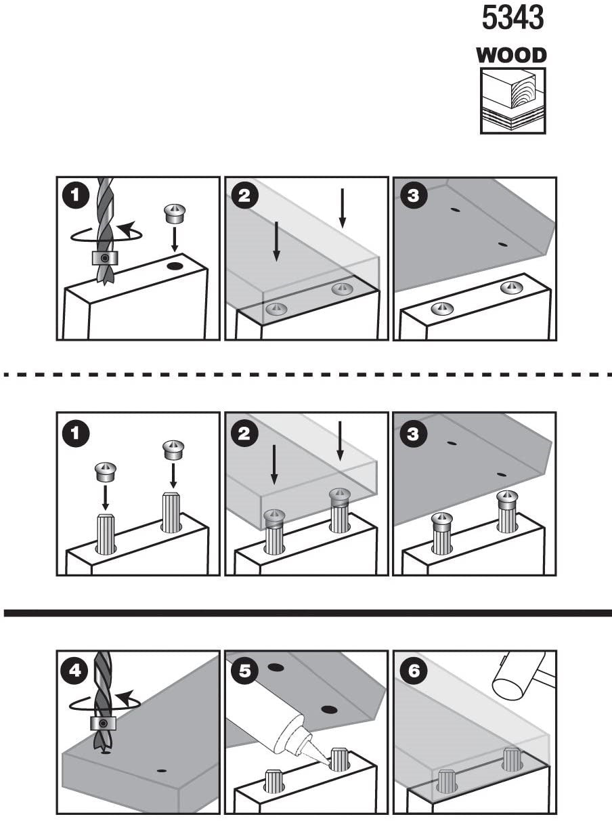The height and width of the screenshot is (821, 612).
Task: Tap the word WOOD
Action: (x=512, y=56)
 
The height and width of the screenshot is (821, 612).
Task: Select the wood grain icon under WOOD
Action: (x=512, y=101)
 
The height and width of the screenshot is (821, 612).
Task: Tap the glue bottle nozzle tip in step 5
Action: (x=325, y=763)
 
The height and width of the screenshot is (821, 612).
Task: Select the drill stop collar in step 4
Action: (x=103, y=723)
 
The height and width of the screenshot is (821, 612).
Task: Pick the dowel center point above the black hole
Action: (x=174, y=213)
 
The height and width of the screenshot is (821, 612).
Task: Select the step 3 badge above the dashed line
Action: (x=414, y=197)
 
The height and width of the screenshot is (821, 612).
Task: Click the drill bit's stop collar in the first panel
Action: (x=105, y=258)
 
